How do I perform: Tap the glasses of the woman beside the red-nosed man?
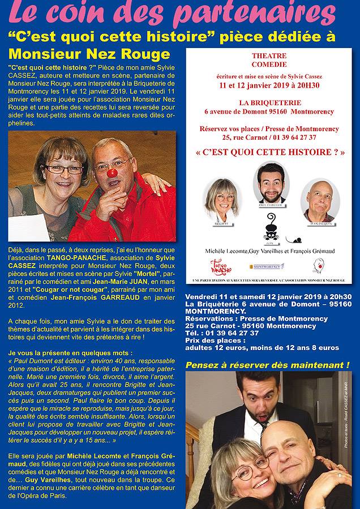(63, 169)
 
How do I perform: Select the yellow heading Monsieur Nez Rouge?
(89, 54)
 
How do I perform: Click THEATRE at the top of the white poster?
(269, 56)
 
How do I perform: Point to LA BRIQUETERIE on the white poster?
(269, 103)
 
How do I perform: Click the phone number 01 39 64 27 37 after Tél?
(231, 333)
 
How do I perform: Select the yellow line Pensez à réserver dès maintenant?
(267, 365)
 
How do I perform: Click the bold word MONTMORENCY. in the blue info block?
(217, 311)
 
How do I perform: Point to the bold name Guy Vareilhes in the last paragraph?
(47, 480)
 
